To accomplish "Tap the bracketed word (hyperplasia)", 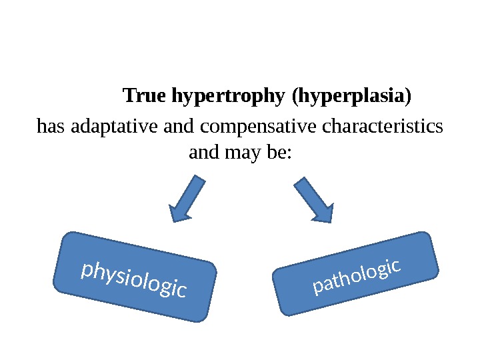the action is [352, 97].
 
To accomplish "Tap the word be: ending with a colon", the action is [279, 153].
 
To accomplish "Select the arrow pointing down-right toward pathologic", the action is [313, 199].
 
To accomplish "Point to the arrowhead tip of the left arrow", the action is [173, 221].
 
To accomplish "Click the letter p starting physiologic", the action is [85, 270].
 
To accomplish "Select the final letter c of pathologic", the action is [395, 266].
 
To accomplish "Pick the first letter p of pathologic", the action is [317, 289].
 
